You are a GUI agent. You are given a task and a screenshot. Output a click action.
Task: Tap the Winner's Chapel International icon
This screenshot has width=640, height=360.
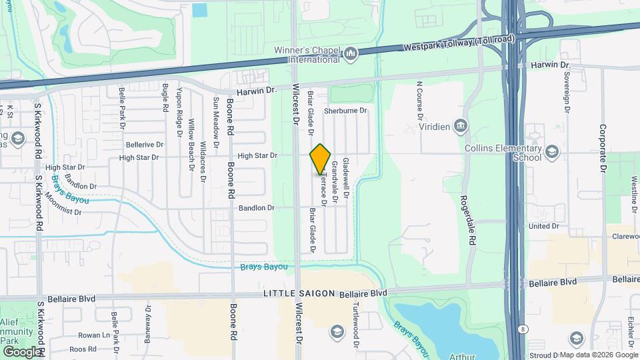tap(351, 53)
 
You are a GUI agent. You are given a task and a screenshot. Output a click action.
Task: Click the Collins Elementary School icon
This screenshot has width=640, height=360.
tap(551, 153)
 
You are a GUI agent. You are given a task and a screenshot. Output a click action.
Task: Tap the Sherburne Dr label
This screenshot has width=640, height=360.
tap(346, 111)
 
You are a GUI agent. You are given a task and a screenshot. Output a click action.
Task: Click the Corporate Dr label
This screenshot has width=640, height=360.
tap(603, 149)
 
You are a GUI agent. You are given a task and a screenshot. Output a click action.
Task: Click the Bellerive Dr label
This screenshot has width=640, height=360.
tap(145, 144)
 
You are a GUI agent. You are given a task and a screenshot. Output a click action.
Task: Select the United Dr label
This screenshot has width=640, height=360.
tap(543, 226)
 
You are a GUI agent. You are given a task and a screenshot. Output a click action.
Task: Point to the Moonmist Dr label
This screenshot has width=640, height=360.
tap(59, 212)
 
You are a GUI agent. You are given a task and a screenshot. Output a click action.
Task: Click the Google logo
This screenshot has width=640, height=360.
tap(22, 351)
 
